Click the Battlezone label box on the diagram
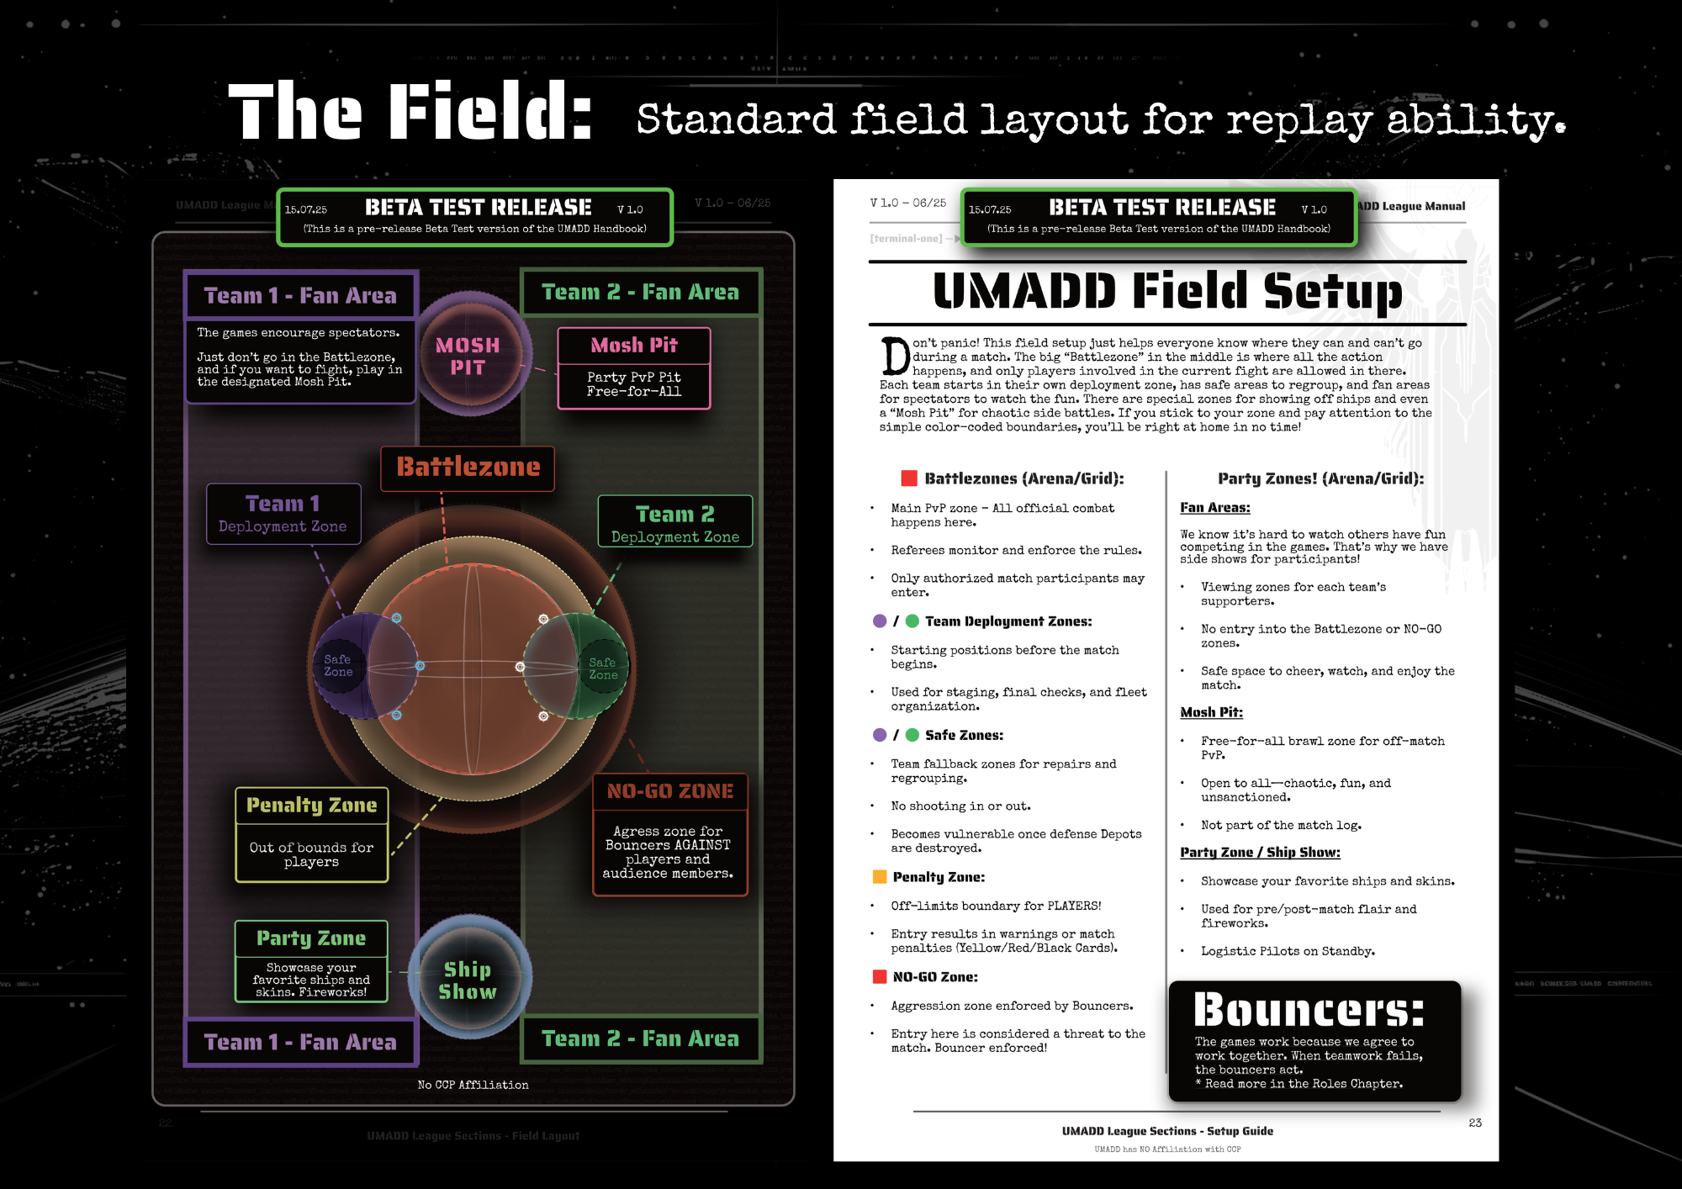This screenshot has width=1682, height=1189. [468, 468]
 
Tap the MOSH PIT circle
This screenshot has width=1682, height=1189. [468, 357]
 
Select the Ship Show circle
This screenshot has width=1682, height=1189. [468, 980]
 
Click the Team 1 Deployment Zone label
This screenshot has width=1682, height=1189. [283, 514]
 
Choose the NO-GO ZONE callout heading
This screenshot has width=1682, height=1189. [670, 791]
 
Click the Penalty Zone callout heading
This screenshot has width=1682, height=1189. [311, 806]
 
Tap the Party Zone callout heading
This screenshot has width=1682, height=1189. [311, 938]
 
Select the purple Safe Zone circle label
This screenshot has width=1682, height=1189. [338, 665]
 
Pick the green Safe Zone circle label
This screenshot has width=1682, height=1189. [603, 668]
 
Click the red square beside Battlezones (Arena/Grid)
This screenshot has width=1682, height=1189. [909, 478]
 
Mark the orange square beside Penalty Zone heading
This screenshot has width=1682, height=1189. [880, 877]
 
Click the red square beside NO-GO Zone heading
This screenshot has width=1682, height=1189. [880, 977]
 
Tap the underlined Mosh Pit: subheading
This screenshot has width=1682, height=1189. [1211, 712]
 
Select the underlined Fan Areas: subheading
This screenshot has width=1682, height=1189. [1214, 508]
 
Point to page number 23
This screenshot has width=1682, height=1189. [1475, 1123]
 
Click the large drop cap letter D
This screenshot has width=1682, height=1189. [895, 357]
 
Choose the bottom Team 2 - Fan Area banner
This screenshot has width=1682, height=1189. [640, 1039]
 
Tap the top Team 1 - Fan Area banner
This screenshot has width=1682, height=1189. [300, 296]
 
